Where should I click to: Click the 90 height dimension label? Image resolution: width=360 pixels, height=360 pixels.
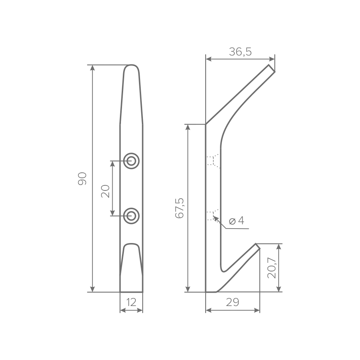[x=82, y=179]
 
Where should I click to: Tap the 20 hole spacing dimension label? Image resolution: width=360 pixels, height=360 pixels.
[x=105, y=191]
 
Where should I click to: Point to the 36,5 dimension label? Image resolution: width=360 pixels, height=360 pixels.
[x=240, y=51]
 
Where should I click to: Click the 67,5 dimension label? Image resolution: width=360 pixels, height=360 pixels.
[x=179, y=208]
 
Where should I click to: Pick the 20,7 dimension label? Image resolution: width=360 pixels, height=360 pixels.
[x=272, y=268]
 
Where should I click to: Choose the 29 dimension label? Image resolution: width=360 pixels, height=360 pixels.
[x=233, y=302]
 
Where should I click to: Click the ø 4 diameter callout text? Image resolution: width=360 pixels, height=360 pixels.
[x=237, y=221]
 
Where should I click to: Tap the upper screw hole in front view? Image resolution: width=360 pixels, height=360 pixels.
[x=131, y=161]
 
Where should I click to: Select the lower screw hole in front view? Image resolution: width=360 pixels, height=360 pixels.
[x=131, y=216]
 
